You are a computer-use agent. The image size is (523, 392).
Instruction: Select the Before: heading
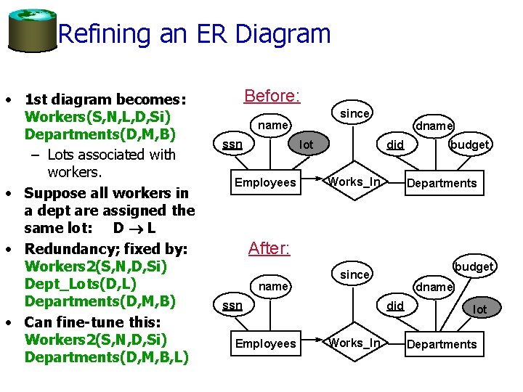tap(272, 96)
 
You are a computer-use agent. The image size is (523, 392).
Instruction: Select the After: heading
tap(269, 248)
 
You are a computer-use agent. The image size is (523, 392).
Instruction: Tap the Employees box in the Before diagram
tap(265, 182)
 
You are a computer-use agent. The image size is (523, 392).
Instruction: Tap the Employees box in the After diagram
tap(265, 343)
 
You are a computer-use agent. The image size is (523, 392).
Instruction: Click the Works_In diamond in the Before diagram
tap(354, 181)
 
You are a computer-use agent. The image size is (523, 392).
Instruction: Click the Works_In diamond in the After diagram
tap(354, 343)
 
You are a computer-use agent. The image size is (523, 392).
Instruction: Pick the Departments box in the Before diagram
tap(442, 183)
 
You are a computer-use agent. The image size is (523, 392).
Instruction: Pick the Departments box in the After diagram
tap(442, 344)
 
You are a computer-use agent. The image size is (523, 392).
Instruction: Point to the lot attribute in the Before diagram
tap(307, 144)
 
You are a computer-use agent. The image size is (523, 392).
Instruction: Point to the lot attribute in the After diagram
tap(480, 309)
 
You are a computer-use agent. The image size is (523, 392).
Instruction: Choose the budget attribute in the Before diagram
tap(469, 144)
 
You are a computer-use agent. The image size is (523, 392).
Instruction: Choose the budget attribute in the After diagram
tap(474, 266)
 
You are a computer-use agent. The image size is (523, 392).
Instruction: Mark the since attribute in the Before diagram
tap(355, 113)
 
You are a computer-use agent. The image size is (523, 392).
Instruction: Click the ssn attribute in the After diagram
tap(232, 306)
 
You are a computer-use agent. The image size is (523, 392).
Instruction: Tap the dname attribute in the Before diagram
tap(434, 126)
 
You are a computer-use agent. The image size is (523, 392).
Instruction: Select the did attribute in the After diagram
tap(395, 306)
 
